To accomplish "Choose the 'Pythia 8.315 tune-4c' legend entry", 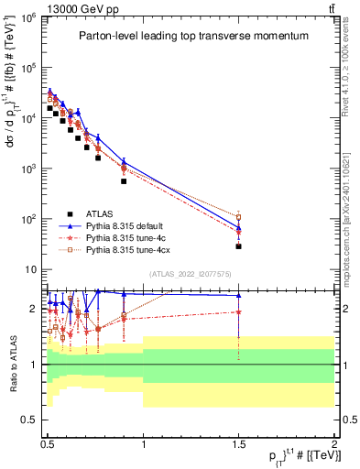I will (x=138, y=237).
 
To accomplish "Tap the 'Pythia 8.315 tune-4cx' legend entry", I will (x=140, y=249).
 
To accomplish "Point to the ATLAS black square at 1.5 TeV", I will (x=238, y=246).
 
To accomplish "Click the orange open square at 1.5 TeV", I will (x=238, y=217).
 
